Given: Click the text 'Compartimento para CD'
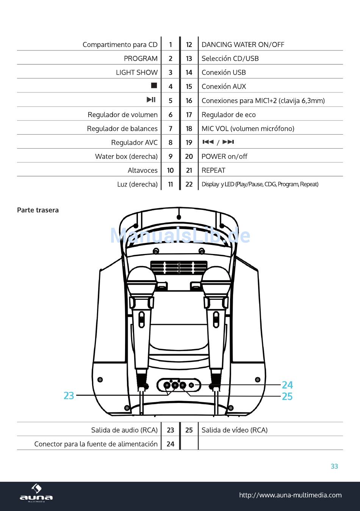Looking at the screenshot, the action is coord(120,44).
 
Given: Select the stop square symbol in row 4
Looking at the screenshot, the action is coord(154,85).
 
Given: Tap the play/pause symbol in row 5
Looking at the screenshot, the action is coord(151,99).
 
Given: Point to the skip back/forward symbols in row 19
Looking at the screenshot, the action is coord(218,142).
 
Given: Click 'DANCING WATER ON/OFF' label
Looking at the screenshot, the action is coord(243,44).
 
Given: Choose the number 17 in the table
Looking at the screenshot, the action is coord(189,114).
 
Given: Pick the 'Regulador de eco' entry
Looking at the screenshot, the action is coord(229,115).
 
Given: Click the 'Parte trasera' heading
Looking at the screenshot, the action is coord(38,210).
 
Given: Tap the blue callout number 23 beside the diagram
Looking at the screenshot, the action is coord(69,396).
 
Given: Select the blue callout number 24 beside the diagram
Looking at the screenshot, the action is coord(287,385).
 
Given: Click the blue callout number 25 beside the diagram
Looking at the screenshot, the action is coord(287,397).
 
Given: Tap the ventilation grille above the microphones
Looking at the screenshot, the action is coord(179,268).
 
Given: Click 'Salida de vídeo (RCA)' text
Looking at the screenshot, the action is coord(234,430).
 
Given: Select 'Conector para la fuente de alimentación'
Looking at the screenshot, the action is coord(96,444).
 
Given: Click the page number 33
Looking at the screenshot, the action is coord(334,466).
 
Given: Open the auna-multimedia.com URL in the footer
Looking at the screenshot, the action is coord(290,495).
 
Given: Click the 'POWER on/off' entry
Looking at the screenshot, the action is coord(224,157).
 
